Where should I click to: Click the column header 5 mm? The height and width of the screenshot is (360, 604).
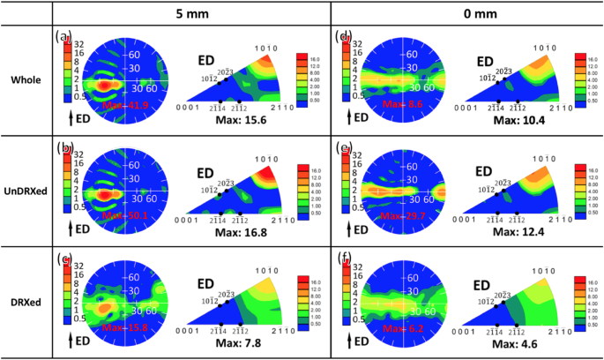point(191,12)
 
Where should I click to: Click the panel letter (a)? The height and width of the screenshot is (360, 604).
point(62,36)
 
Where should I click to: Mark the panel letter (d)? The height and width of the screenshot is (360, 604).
point(345,36)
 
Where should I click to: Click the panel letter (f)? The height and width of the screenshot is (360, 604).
point(345,259)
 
